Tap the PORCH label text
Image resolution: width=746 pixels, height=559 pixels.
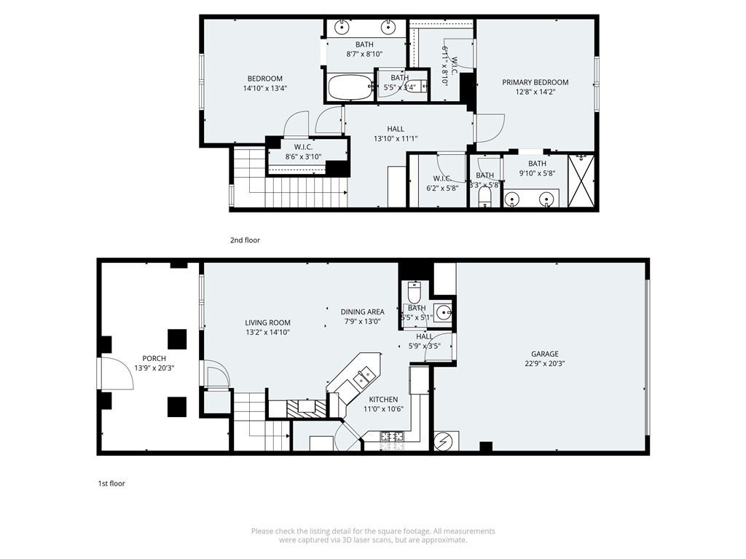[x=154, y=358]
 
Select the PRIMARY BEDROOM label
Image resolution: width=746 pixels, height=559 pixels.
[x=535, y=82]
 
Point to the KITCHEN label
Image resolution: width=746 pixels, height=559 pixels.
[x=383, y=399]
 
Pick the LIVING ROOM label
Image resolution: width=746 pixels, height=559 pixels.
[x=267, y=322]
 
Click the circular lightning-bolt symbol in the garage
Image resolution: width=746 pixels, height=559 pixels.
[x=444, y=440]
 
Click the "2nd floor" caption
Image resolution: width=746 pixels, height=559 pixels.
[x=244, y=240]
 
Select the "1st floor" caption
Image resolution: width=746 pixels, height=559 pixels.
[x=111, y=483]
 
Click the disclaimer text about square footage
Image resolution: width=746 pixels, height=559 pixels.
[x=373, y=536]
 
